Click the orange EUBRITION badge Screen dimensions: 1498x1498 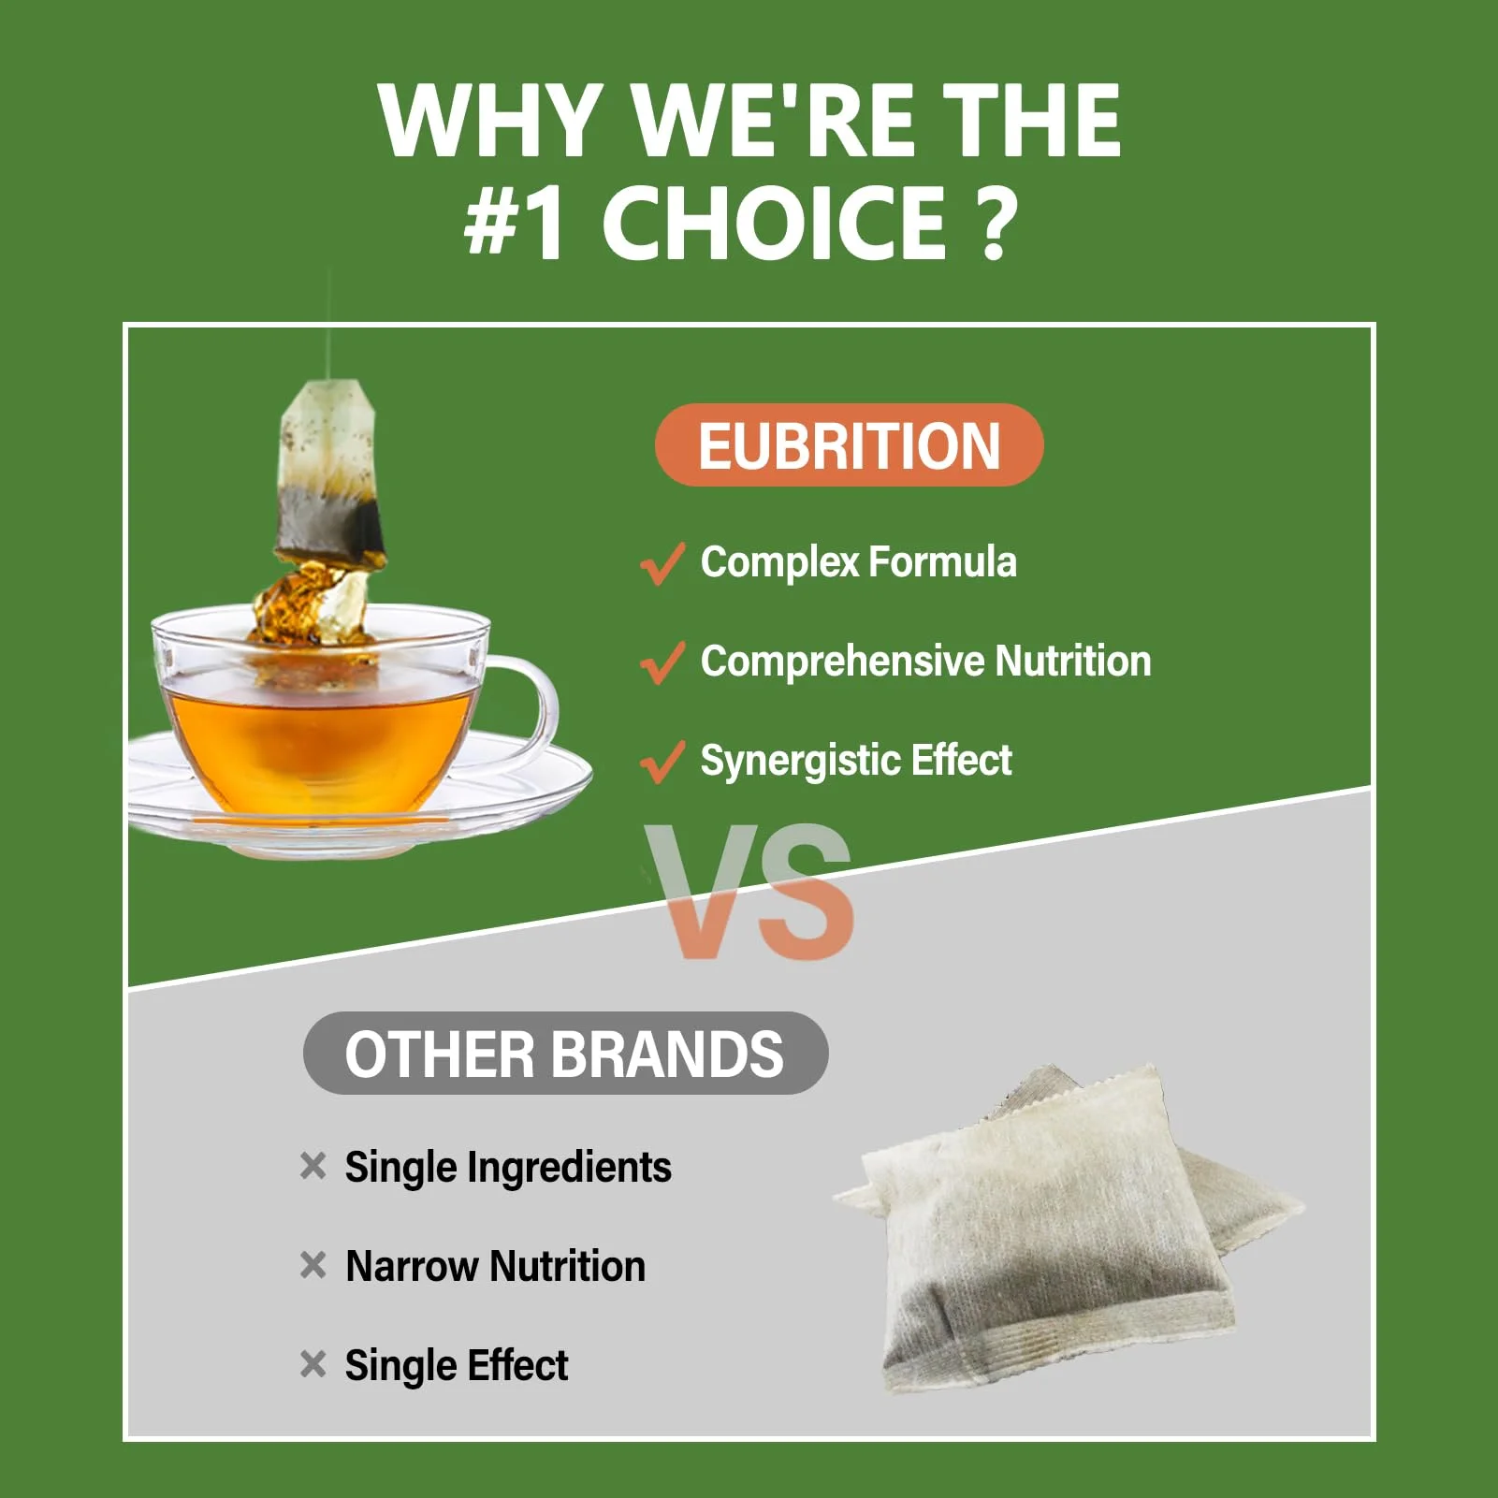point(849,444)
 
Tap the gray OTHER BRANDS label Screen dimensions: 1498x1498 point(565,1054)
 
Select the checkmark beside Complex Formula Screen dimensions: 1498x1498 point(662,563)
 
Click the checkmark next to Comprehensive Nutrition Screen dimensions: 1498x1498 point(662,662)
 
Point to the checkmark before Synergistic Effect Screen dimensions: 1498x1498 point(662,762)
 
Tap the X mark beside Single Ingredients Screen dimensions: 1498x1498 point(313,1166)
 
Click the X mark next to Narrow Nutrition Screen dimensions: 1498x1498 point(313,1265)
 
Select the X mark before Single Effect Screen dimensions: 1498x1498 point(313,1364)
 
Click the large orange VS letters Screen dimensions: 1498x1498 point(749,892)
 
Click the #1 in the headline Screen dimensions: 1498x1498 point(515,223)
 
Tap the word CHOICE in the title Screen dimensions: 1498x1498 point(774,223)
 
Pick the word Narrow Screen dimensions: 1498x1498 point(412,1266)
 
